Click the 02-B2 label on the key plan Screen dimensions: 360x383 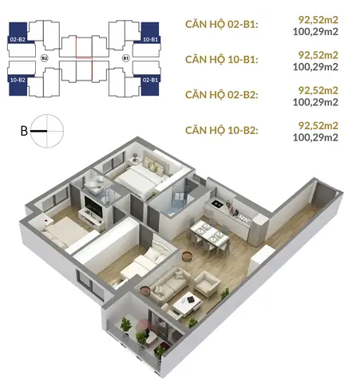pos(18,40)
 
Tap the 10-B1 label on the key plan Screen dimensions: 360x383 pos(150,40)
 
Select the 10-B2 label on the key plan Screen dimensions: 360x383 pos(18,80)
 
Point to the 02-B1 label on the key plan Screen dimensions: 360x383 pos(150,80)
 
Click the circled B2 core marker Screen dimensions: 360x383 pos(45,58)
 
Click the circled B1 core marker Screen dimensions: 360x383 pos(125,58)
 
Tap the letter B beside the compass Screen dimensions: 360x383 pos(24,131)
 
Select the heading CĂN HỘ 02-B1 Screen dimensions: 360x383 pos(222,24)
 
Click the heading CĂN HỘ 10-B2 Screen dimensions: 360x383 pos(222,130)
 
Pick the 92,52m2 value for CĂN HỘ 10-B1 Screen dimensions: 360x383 pos(318,55)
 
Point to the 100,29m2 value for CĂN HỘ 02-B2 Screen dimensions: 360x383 pos(315,102)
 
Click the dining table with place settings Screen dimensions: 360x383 pos(210,235)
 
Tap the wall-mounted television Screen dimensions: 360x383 pos(93,206)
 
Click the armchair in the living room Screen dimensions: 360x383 pos(207,283)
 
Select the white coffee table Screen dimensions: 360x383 pos(187,303)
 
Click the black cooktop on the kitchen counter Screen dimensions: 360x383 pos(216,204)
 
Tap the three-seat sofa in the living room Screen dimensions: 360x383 pos(169,285)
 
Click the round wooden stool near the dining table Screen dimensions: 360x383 pos(187,257)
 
